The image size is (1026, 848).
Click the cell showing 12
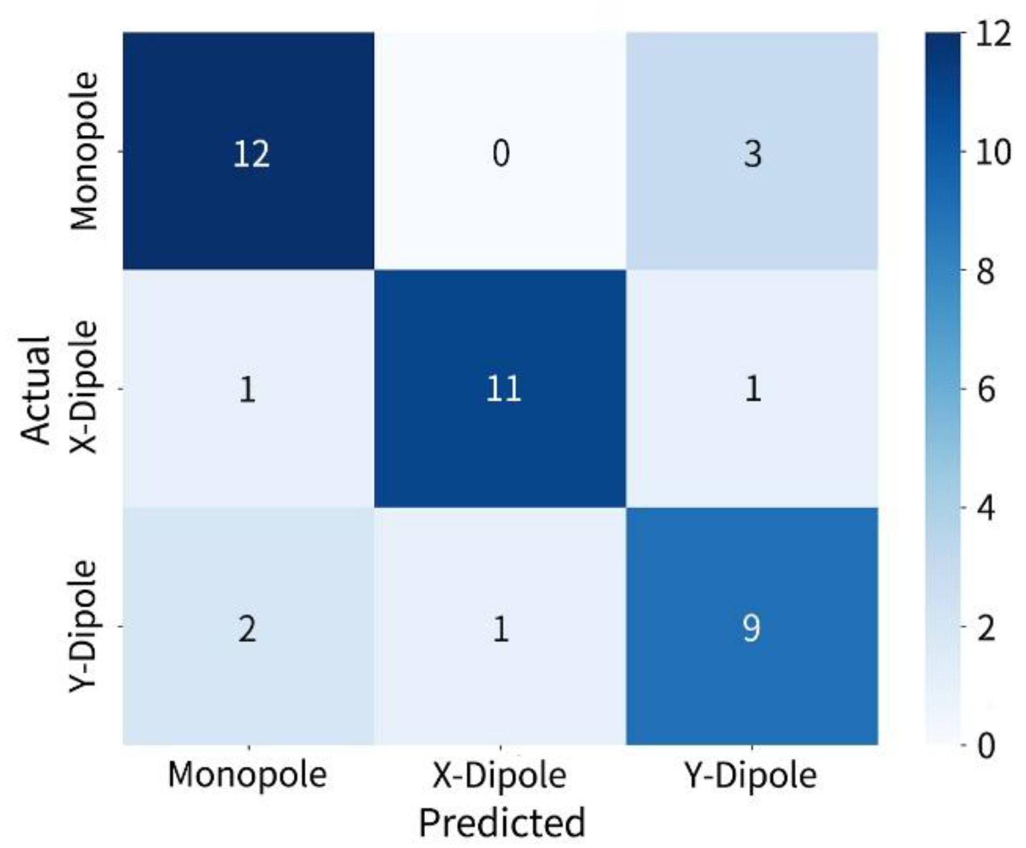[x=249, y=151]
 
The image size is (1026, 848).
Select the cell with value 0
[x=500, y=151]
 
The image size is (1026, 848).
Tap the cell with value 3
[x=752, y=151]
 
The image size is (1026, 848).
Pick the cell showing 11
[x=500, y=389]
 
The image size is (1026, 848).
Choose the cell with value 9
[x=752, y=626]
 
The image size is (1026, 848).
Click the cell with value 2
[x=249, y=626]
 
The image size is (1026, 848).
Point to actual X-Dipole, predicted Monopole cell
[x=249, y=389]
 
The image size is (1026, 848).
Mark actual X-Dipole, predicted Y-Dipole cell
[x=752, y=389]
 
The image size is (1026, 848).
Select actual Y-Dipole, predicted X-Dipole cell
[x=500, y=626]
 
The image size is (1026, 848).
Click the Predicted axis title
[x=502, y=823]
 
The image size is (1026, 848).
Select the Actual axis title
[x=36, y=390]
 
